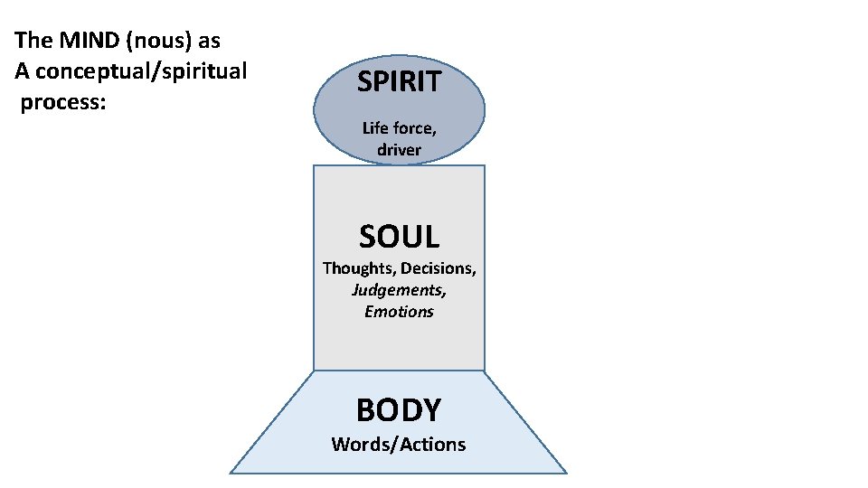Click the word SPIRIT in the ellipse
(399, 82)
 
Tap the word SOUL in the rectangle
(399, 237)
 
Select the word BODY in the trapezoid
(399, 409)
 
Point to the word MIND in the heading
(84, 42)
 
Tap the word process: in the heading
(63, 101)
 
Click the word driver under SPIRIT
(399, 150)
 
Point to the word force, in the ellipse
(414, 128)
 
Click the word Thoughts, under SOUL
(360, 268)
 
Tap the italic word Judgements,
(399, 290)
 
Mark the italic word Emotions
(399, 312)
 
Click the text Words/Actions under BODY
(399, 444)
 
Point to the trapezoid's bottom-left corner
(231, 472)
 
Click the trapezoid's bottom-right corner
(566, 472)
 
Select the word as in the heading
(209, 42)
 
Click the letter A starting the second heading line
(22, 71)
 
